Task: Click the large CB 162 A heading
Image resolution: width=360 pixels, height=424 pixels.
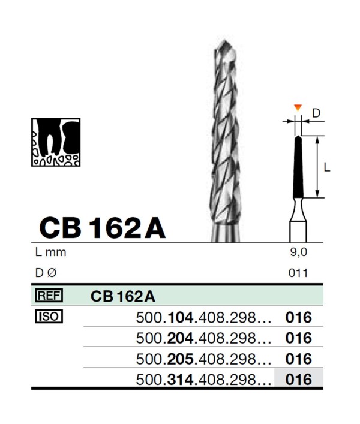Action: coord(102,228)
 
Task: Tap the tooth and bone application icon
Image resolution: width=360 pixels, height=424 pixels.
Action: coord(56,142)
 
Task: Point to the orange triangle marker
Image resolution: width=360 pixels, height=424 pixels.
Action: coord(298,107)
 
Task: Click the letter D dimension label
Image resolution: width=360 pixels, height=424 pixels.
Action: coord(316,113)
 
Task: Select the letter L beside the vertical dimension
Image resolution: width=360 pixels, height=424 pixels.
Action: coord(327,168)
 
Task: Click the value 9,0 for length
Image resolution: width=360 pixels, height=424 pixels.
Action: coord(299,252)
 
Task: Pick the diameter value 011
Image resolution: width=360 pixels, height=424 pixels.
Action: coord(298,273)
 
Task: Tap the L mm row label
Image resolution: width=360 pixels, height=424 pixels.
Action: coord(50,252)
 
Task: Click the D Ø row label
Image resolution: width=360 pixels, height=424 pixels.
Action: coord(46,273)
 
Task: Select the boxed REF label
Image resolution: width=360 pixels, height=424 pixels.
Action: coord(49,296)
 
